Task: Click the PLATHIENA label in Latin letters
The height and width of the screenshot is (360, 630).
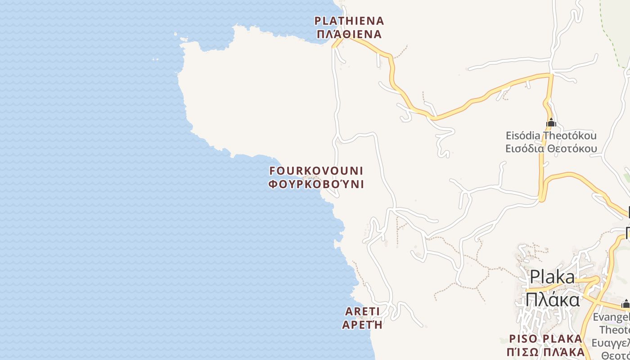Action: pos(349,21)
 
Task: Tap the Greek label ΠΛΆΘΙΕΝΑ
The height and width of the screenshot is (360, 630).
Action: pos(349,34)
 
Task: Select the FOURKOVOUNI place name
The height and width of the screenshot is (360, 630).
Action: pos(316,171)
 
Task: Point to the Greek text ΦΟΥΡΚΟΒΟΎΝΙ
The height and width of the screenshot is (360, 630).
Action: pos(316,184)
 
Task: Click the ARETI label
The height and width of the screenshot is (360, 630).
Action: pos(362,311)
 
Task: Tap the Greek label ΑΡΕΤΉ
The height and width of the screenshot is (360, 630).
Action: pos(362,324)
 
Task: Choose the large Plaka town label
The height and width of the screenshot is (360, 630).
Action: pos(552,277)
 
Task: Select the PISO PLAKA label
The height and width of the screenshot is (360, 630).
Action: pos(545,338)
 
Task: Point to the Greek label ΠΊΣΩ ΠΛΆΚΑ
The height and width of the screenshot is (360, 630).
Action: pos(545,351)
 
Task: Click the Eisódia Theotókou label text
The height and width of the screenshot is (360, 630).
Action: pos(551,135)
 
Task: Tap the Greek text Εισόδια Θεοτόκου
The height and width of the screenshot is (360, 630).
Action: pos(551,148)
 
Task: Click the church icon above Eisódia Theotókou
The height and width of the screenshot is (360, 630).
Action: pos(551,122)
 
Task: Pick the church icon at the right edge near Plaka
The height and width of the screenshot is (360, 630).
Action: pos(625,304)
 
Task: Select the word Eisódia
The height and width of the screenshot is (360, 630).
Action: pos(523,135)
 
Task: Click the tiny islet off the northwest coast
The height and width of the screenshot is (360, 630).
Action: pos(155,59)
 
